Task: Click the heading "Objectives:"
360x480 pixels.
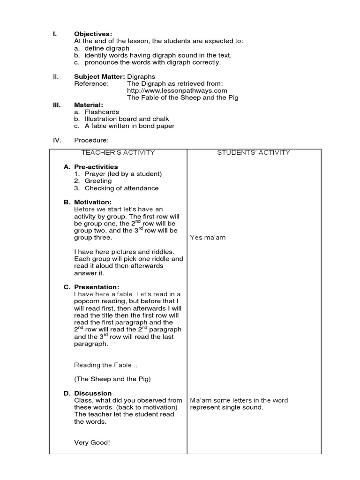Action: [x=93, y=34]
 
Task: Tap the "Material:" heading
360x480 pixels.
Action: [x=89, y=105]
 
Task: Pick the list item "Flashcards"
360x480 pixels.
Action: [x=102, y=112]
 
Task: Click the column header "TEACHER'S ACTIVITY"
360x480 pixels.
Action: [x=118, y=152]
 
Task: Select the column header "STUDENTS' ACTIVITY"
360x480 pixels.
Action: [x=254, y=152]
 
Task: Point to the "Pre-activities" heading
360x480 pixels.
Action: [x=96, y=167]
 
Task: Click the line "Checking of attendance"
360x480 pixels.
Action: [x=121, y=188]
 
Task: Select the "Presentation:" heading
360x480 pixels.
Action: [x=96, y=287]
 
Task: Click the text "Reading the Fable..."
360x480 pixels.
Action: [x=106, y=365]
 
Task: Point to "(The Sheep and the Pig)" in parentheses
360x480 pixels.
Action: [x=112, y=379]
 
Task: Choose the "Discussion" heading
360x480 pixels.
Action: [x=93, y=393]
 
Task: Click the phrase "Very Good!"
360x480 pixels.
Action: [x=92, y=442]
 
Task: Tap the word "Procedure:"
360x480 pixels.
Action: [x=91, y=140]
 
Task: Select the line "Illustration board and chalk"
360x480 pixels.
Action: [x=127, y=119]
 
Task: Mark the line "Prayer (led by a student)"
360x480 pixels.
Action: [x=123, y=174]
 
